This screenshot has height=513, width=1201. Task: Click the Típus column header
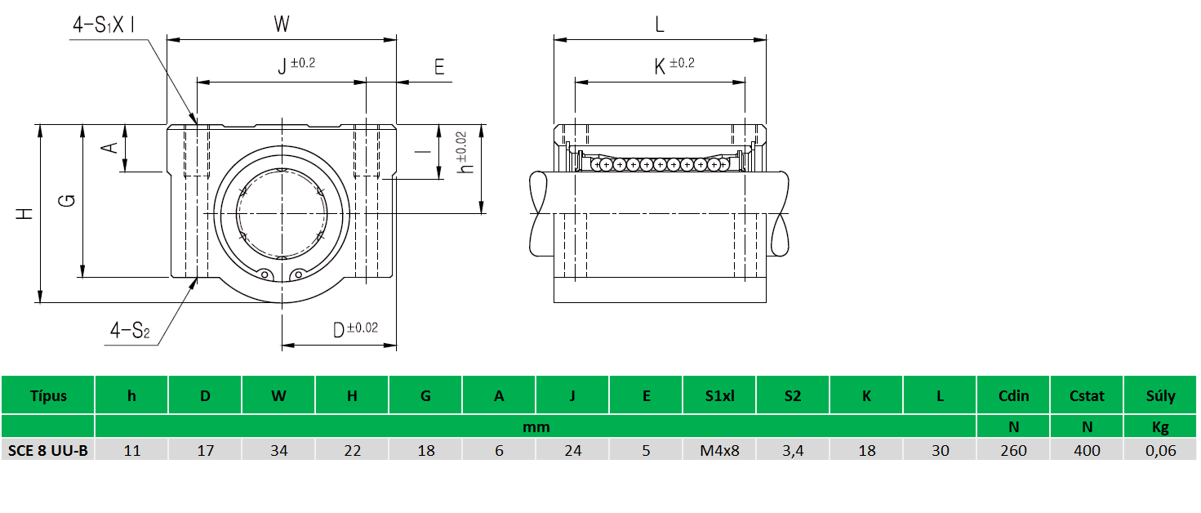(48, 396)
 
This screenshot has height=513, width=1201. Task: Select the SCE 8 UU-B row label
(48, 450)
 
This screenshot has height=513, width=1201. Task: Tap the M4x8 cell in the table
(719, 450)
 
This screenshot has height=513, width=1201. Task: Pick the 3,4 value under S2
(793, 450)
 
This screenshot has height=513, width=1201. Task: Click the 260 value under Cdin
(1013, 450)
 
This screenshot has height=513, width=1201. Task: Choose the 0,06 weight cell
(1160, 450)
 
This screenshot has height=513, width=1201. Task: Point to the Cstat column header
(1087, 396)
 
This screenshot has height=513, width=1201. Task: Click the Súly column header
(1160, 396)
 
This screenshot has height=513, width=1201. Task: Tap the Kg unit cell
(1160, 426)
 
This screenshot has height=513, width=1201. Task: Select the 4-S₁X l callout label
(105, 25)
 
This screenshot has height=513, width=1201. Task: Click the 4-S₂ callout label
(131, 331)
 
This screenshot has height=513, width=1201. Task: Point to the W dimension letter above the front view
(282, 25)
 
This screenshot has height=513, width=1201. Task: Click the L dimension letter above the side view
(660, 25)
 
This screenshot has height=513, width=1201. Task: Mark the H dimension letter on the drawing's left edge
(26, 214)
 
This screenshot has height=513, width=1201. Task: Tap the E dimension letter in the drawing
(439, 67)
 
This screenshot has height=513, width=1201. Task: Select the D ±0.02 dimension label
(354, 330)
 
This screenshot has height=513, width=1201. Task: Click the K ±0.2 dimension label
(673, 66)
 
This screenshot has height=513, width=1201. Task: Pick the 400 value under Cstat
(1087, 450)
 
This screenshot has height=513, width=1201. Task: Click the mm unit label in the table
(536, 426)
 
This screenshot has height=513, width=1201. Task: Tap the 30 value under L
(940, 450)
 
